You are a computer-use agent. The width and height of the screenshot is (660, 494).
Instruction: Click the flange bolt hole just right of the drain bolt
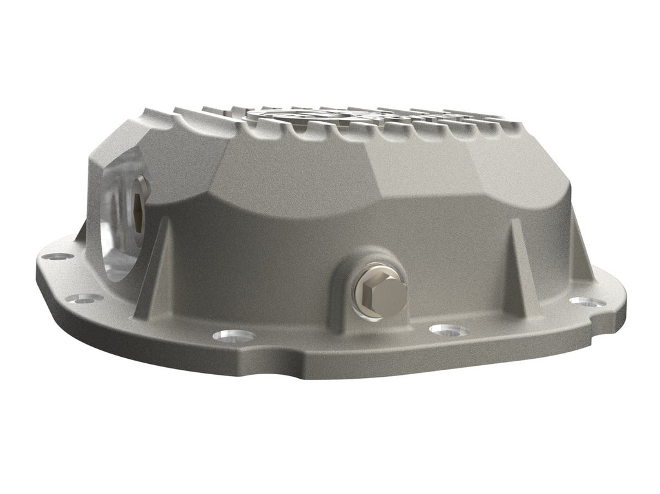point(449,330)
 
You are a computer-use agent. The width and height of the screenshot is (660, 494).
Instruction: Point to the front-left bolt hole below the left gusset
point(231,335)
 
